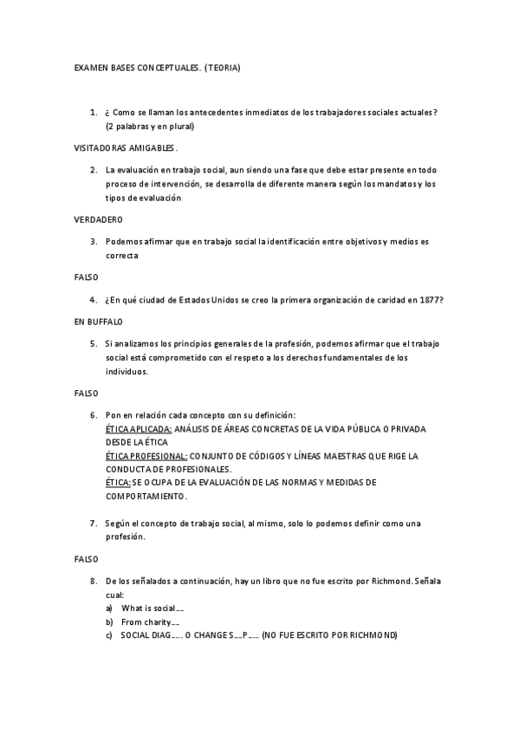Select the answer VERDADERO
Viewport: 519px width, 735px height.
click(98, 218)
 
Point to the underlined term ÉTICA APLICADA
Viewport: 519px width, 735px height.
click(137, 429)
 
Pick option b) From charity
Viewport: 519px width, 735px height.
click(150, 621)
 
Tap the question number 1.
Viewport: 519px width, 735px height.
click(93, 113)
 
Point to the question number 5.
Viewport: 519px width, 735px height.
click(93, 343)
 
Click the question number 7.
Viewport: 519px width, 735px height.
click(93, 524)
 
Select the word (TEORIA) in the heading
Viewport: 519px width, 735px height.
click(223, 67)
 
